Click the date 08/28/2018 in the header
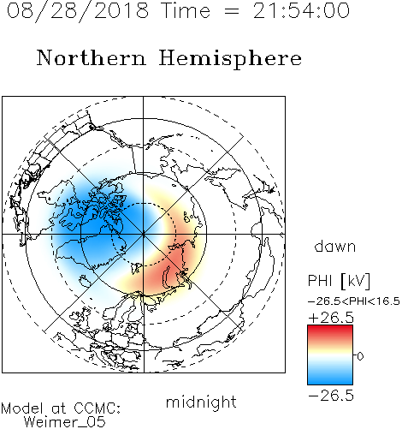78,11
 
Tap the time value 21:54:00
301,10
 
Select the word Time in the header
186,10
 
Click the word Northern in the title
92,57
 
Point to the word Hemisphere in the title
230,59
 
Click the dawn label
335,246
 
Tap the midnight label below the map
201,402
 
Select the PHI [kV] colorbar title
339,281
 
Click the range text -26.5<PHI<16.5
354,301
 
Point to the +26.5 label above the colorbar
331,318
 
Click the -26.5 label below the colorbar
331,396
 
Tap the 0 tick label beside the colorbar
360,356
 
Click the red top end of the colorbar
330,328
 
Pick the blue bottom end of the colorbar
330,382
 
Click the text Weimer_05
65,422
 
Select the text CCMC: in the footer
97,408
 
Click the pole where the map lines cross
143,234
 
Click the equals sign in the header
232,11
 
